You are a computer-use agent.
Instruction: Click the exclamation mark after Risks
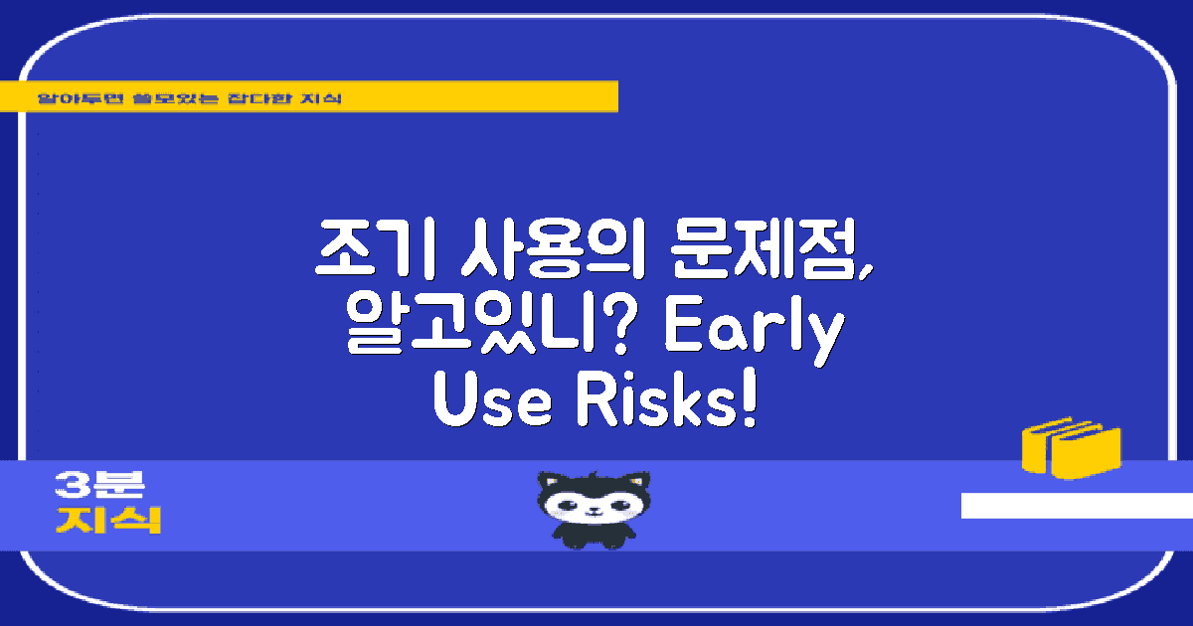pos(750,402)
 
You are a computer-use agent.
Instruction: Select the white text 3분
pos(100,486)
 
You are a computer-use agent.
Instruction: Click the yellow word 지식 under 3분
pos(108,520)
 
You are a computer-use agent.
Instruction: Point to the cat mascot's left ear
pos(550,482)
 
